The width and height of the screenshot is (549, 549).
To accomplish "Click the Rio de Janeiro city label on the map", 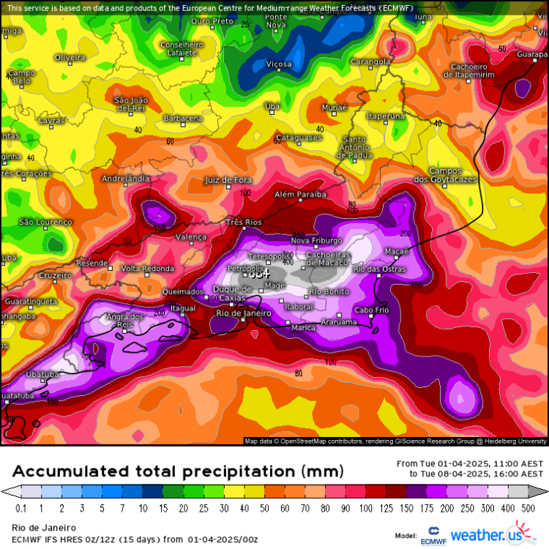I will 244,313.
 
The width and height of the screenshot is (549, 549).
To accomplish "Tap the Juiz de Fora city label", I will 228,180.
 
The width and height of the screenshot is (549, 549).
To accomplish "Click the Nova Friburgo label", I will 316,241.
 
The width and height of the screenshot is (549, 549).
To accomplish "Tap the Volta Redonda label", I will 147,268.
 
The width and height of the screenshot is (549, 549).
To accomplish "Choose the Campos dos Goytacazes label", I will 445,175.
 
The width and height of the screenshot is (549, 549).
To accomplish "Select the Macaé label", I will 396,251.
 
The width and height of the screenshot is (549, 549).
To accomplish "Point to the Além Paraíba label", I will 299,195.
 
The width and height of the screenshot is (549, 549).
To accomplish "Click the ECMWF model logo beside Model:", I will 433,535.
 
